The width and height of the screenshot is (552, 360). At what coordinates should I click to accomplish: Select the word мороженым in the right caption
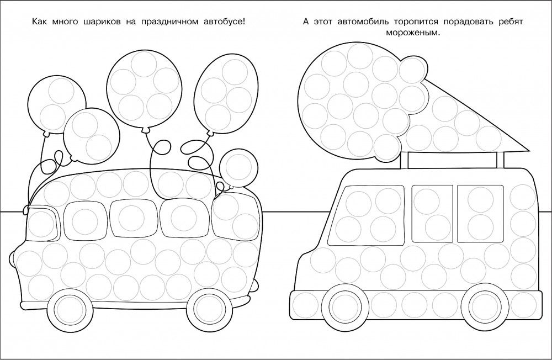tap(413, 33)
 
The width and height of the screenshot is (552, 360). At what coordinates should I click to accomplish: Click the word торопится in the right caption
tap(416, 22)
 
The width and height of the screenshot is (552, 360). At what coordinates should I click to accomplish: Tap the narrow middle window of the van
tap(432, 214)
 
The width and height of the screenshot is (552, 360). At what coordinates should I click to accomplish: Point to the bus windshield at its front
tap(42, 224)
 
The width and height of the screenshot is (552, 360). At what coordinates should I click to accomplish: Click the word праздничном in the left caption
tap(169, 22)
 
